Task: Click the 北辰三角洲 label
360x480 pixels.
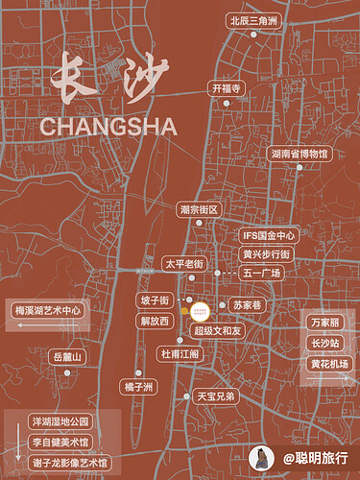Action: (x=253, y=19)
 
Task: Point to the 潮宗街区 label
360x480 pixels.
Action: (x=200, y=209)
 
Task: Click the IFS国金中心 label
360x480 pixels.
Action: (x=269, y=234)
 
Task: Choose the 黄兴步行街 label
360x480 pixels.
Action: (x=266, y=254)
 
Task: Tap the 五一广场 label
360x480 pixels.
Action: (x=262, y=274)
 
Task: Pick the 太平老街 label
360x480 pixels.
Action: (x=184, y=263)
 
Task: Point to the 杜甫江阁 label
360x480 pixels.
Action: (x=180, y=354)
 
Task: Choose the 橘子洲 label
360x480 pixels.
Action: (x=139, y=387)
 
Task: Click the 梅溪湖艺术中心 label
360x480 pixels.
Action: (x=49, y=311)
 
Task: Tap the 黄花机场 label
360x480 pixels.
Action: (x=329, y=364)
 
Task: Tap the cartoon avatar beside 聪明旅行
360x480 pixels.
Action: (x=260, y=458)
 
